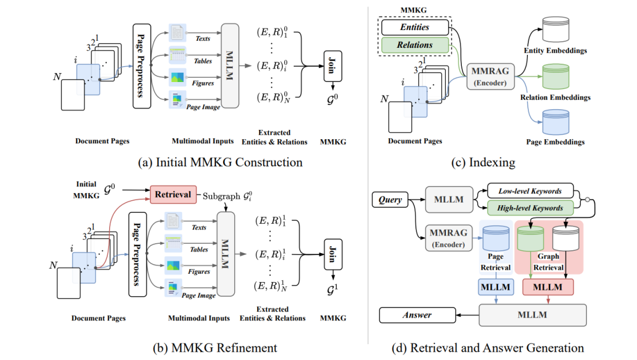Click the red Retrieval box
point(173,194)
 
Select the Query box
point(390,199)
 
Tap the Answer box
point(417,315)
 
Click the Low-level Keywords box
point(530,191)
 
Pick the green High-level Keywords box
point(530,208)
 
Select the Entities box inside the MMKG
point(415,27)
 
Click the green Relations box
point(415,45)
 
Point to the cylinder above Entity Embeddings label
point(556,30)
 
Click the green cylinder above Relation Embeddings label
point(556,76)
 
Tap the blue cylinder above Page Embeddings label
point(556,122)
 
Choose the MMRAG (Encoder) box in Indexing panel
point(490,76)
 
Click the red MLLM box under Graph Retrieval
point(547,287)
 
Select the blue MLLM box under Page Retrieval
point(495,287)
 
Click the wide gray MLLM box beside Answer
point(533,315)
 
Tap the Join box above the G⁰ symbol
point(332,66)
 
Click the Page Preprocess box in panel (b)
point(137,254)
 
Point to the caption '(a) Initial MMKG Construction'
point(220,162)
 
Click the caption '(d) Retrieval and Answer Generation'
point(488,348)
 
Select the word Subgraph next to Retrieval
point(221,196)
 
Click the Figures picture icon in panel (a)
point(178,77)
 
